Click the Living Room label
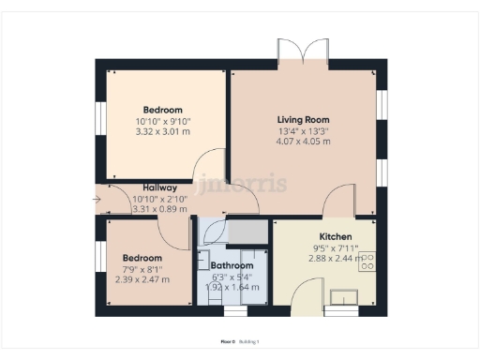click(303, 119)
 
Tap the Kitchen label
click(335, 235)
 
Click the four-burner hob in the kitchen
click(367, 260)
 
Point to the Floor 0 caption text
click(226, 341)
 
